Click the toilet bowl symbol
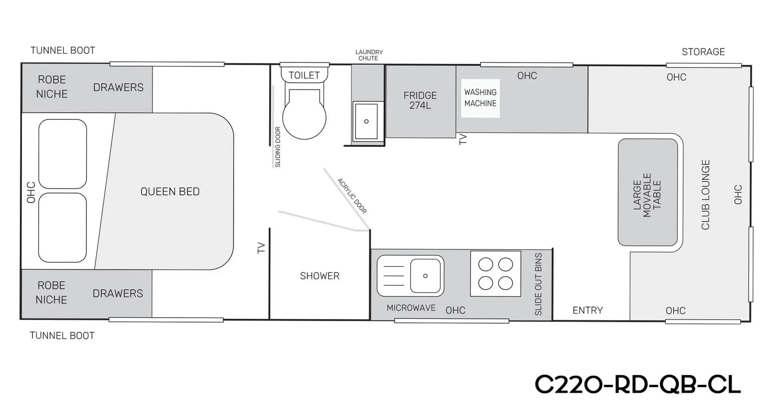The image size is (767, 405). pyautogui.click(x=304, y=114)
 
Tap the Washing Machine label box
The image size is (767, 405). pyautogui.click(x=480, y=98)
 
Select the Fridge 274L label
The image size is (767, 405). pyautogui.click(x=420, y=100)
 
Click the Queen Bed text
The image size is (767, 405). pyautogui.click(x=170, y=192)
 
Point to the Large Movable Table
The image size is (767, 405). pyautogui.click(x=648, y=192)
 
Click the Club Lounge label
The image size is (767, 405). pyautogui.click(x=705, y=195)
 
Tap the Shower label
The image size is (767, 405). pyautogui.click(x=320, y=276)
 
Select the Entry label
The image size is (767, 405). pyautogui.click(x=587, y=310)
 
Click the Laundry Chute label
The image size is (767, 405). pyautogui.click(x=369, y=55)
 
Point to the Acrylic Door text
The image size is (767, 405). pyautogui.click(x=352, y=196)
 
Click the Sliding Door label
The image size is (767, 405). pyautogui.click(x=278, y=147)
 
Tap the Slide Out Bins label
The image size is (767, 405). pyautogui.click(x=538, y=284)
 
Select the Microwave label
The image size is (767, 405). pyautogui.click(x=411, y=308)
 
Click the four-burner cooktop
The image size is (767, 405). pyautogui.click(x=495, y=273)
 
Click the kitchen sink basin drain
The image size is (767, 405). pyautogui.click(x=425, y=276)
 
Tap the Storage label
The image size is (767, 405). pyautogui.click(x=703, y=52)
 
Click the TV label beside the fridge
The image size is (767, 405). pyautogui.click(x=463, y=139)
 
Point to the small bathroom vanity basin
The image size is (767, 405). pyautogui.click(x=366, y=121)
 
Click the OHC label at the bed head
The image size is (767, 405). pyautogui.click(x=31, y=192)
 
